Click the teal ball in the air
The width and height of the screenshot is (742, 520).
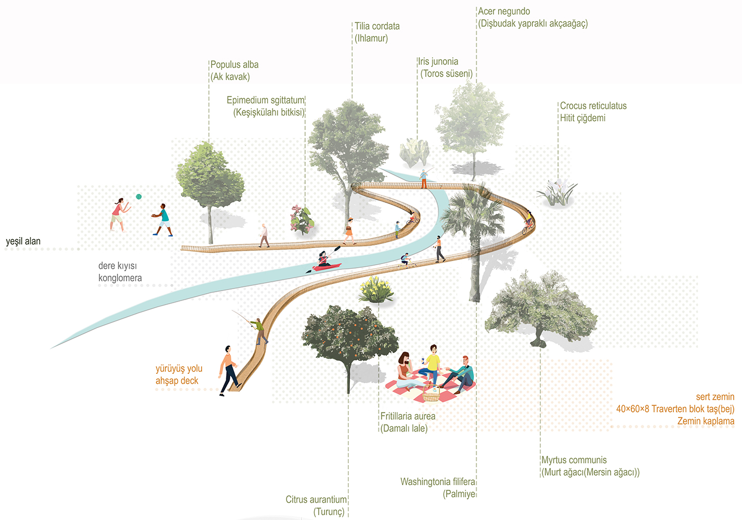click(139, 197)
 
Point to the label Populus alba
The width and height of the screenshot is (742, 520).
click(235, 64)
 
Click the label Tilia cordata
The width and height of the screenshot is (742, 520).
click(377, 26)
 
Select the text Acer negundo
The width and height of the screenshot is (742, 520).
click(504, 11)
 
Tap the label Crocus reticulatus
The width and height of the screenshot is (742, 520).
click(593, 106)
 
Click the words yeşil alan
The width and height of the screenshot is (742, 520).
click(23, 241)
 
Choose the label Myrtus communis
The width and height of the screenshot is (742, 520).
click(574, 460)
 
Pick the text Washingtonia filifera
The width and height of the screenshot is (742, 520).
click(437, 482)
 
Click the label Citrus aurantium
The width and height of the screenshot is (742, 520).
click(316, 500)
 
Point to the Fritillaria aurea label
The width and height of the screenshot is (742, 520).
click(408, 416)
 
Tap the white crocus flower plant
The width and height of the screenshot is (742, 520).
click(557, 192)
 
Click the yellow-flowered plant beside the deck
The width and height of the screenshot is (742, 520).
click(376, 290)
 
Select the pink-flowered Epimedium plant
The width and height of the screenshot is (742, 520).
click(302, 219)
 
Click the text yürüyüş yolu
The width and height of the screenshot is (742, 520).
click(179, 369)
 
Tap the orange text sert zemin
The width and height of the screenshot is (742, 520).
click(715, 397)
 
